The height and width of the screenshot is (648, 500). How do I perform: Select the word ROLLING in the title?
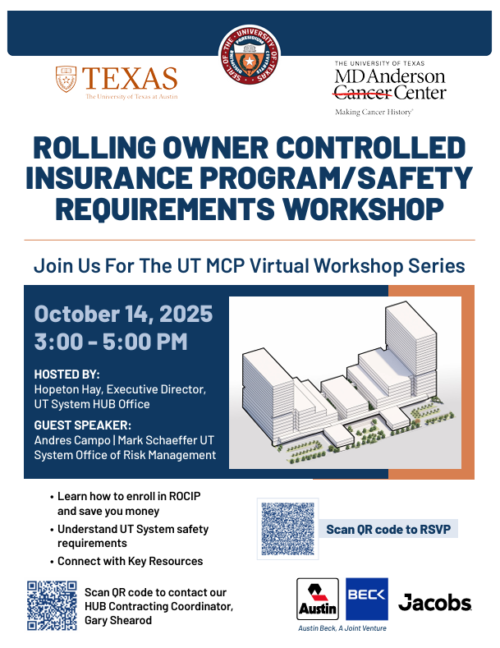pyautogui.click(x=99, y=149)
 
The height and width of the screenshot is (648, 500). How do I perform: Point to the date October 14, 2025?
pyautogui.click(x=123, y=315)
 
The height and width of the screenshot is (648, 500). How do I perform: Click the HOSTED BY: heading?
pyautogui.click(x=67, y=375)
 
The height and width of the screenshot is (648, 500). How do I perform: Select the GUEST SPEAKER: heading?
pyautogui.click(x=82, y=425)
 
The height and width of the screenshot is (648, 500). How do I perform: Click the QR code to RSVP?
pyautogui.click(x=287, y=528)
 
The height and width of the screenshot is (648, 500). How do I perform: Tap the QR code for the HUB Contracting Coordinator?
pyautogui.click(x=52, y=605)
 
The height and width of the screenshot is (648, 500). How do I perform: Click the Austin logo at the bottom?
pyautogui.click(x=318, y=600)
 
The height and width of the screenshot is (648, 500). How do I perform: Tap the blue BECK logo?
pyautogui.click(x=367, y=598)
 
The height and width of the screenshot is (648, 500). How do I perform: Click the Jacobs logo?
pyautogui.click(x=434, y=603)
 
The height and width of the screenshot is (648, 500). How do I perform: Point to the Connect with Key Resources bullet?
pyautogui.click(x=130, y=562)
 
